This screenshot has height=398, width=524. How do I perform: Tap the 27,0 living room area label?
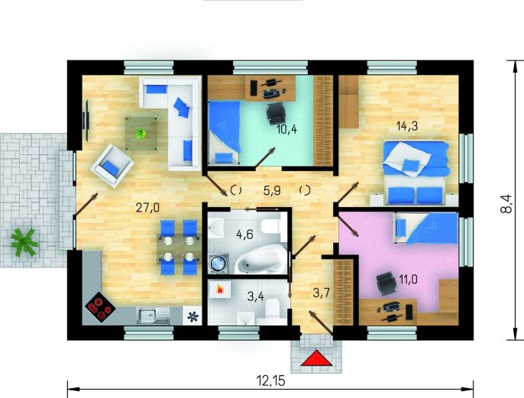(147, 208)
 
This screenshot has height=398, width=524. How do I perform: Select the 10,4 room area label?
(286, 129)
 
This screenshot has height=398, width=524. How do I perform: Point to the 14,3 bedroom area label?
(406, 126)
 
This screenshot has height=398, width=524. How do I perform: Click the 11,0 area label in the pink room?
(408, 279)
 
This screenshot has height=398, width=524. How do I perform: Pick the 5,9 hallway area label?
(272, 191)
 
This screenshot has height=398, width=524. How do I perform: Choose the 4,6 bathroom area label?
(244, 235)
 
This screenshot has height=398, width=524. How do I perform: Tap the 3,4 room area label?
(256, 296)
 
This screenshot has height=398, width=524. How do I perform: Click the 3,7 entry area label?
(322, 293)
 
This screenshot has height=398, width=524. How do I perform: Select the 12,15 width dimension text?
(270, 380)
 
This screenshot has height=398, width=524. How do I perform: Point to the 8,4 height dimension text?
(506, 204)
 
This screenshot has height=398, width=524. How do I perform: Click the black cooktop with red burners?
(100, 307)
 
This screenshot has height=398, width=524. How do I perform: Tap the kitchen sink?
(154, 315)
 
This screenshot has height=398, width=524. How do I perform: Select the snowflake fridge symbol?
(192, 316)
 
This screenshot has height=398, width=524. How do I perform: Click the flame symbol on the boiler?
(219, 289)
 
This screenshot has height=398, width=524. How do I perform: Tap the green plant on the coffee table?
(141, 134)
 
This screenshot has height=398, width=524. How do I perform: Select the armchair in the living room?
(112, 166)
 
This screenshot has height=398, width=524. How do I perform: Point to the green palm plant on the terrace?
(24, 241)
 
